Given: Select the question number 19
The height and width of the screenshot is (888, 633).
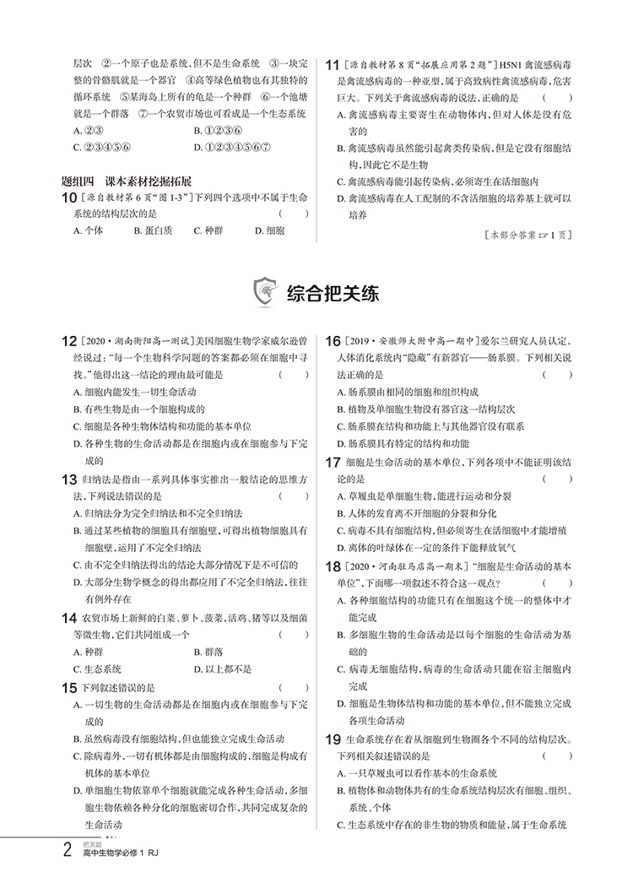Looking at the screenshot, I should coord(334,740).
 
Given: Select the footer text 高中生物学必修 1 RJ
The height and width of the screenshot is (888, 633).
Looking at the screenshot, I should coord(117,877).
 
